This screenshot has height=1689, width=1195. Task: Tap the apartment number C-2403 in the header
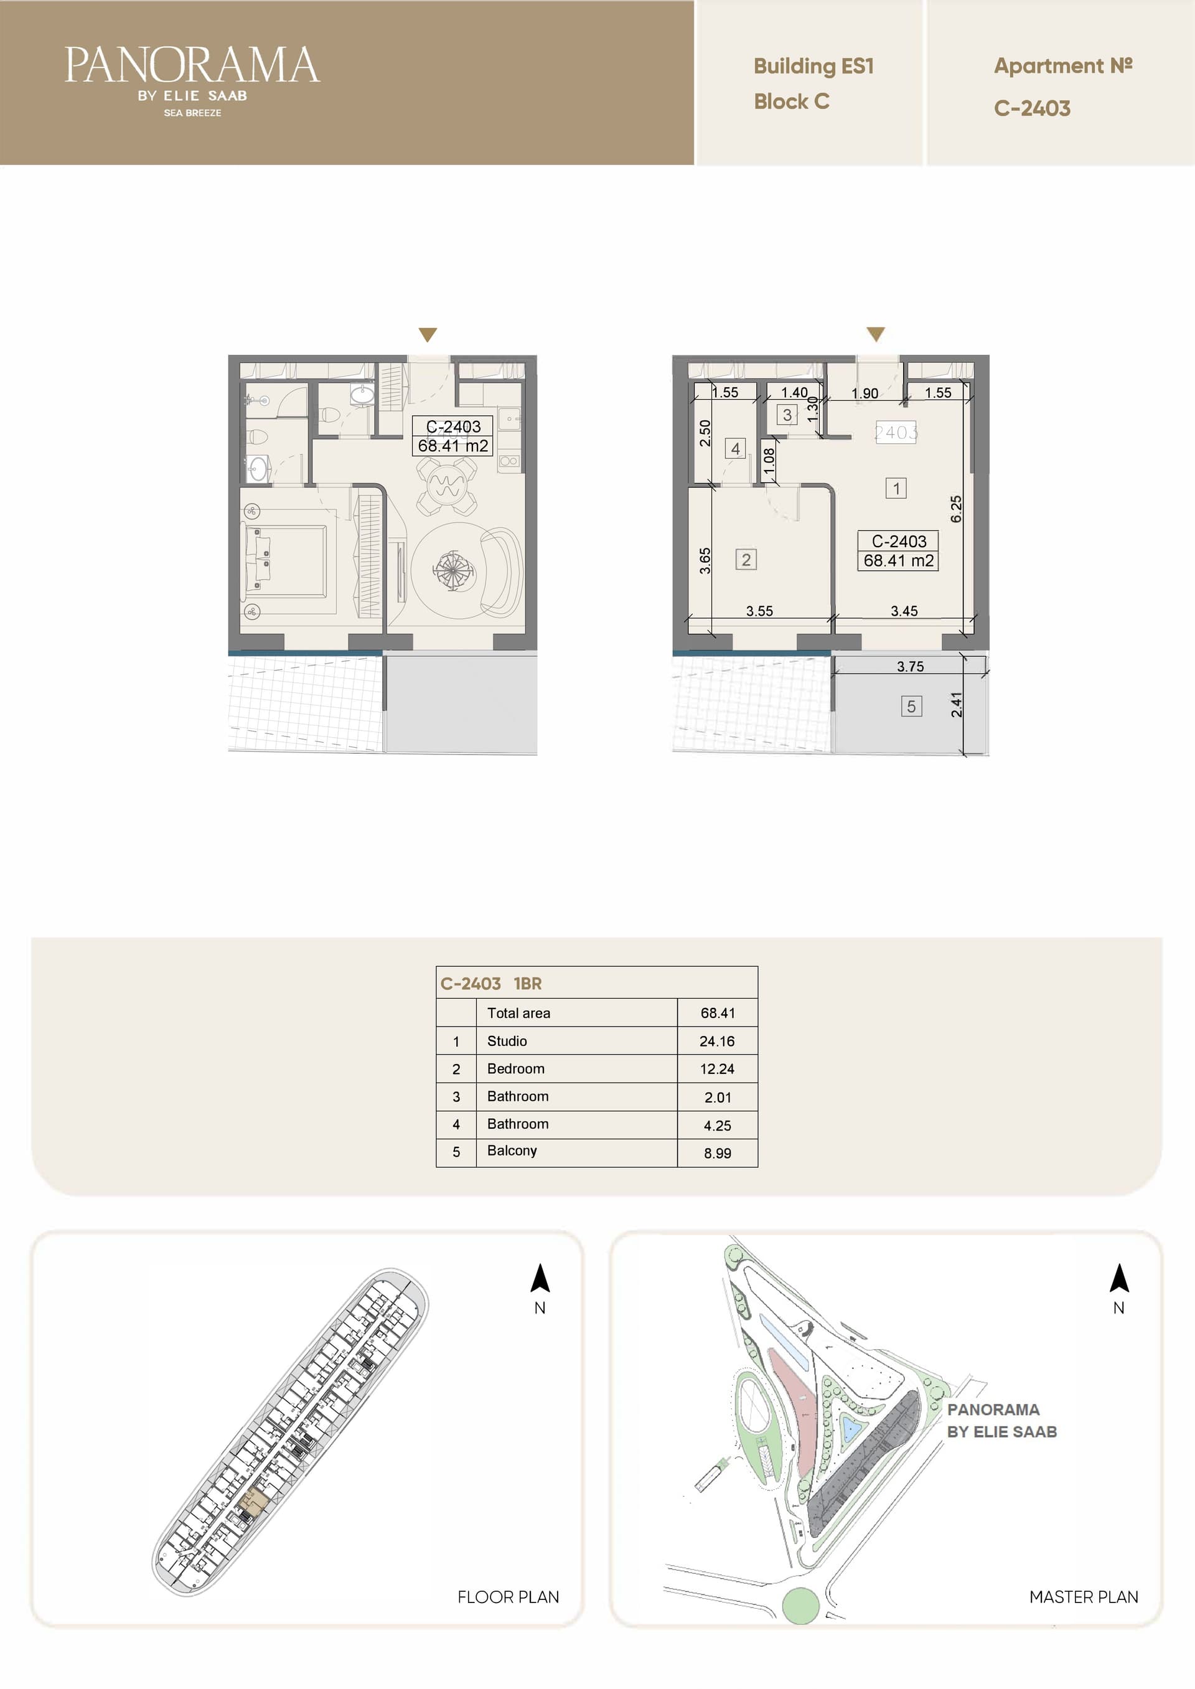(x=1032, y=108)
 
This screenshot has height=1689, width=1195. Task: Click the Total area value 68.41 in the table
(x=718, y=1013)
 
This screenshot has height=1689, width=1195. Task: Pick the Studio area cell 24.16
(x=717, y=1041)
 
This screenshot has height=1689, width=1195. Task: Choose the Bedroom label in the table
(x=516, y=1068)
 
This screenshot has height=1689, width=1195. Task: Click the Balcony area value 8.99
(x=718, y=1153)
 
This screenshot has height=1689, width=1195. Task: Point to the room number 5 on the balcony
(x=911, y=707)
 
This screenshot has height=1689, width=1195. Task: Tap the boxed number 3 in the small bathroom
(x=787, y=415)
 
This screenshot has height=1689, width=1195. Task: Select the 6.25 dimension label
(x=956, y=509)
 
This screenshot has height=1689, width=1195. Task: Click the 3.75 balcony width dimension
(x=910, y=666)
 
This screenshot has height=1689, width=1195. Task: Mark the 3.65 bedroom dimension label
(x=705, y=561)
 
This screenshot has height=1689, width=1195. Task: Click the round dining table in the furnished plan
(x=446, y=485)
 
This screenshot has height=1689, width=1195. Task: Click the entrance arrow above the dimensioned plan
(x=876, y=335)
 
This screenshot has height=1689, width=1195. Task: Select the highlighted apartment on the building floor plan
(x=254, y=1499)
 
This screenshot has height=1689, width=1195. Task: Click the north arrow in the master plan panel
(x=1119, y=1277)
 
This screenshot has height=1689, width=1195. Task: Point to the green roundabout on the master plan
(x=800, y=1606)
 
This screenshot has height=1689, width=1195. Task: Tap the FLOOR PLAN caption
(x=508, y=1597)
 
